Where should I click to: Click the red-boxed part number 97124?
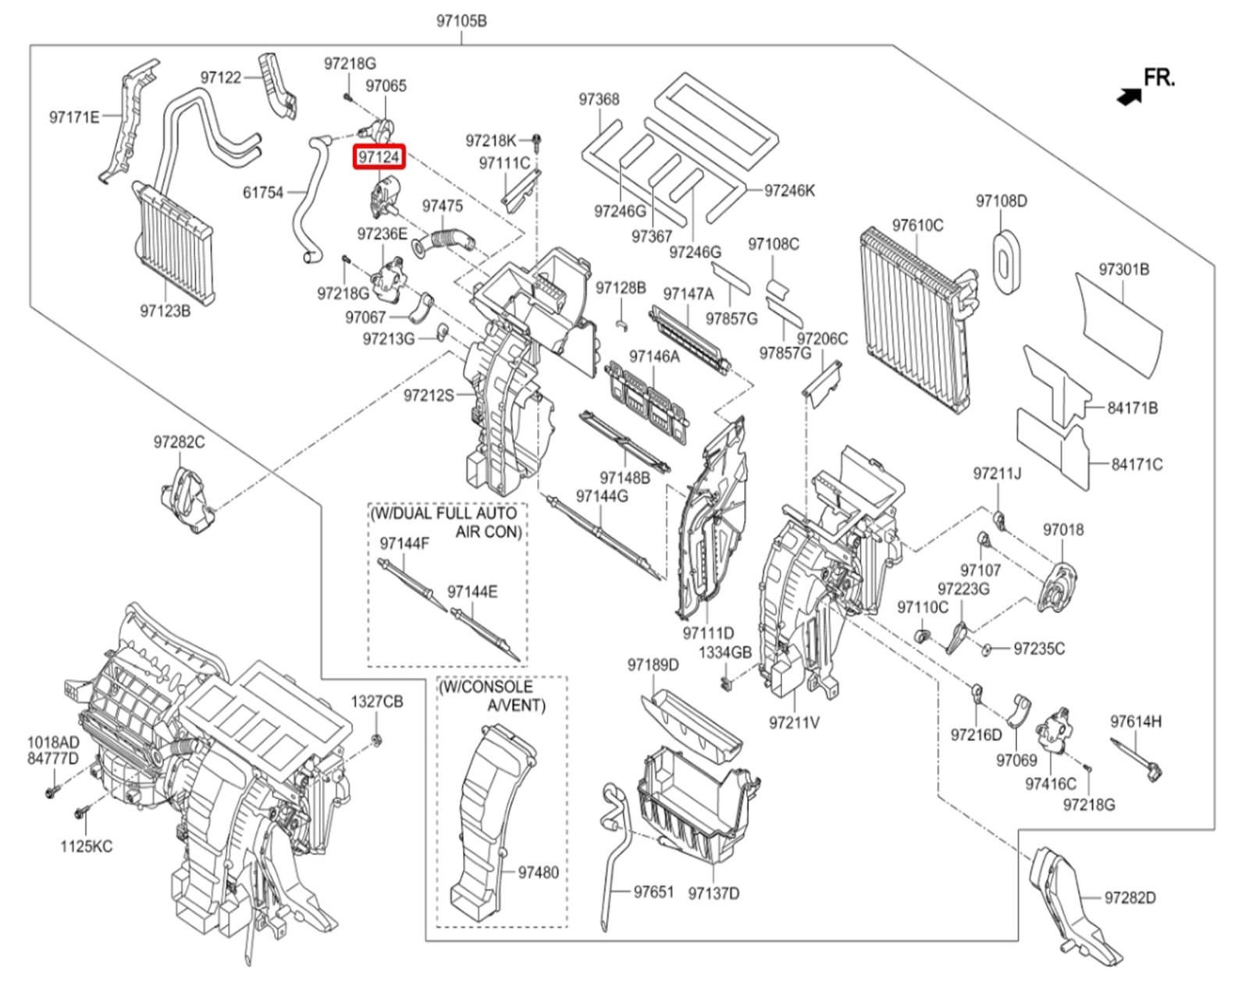pyautogui.click(x=379, y=157)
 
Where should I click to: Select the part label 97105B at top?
pyautogui.click(x=461, y=21)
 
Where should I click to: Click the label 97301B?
pyautogui.click(x=1123, y=269)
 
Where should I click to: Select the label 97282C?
pyautogui.click(x=179, y=442)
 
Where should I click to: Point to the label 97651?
pyautogui.click(x=653, y=891)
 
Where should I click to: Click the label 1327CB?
pyautogui.click(x=376, y=701)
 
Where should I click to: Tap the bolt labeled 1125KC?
pyautogui.click(x=80, y=814)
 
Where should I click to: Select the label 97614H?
pyautogui.click(x=1135, y=722)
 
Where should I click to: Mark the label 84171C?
pyautogui.click(x=1137, y=464)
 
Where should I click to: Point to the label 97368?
pyautogui.click(x=599, y=99)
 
